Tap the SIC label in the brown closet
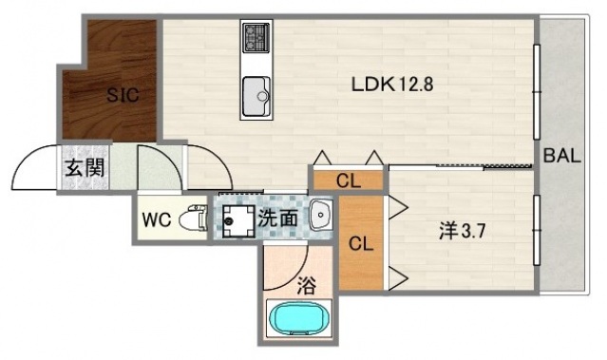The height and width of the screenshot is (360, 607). [x=121, y=95]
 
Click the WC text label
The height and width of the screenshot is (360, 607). [x=157, y=219]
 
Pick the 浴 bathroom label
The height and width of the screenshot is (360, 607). [x=306, y=282]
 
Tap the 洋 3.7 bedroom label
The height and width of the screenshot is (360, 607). [x=461, y=230]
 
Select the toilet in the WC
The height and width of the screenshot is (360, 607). [x=194, y=219]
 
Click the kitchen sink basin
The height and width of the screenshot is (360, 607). [x=256, y=94]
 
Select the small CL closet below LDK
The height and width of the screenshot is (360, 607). [x=348, y=180]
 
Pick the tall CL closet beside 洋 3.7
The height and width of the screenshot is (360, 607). [x=362, y=242]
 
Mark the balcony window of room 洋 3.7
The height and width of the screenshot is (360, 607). [x=537, y=237]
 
